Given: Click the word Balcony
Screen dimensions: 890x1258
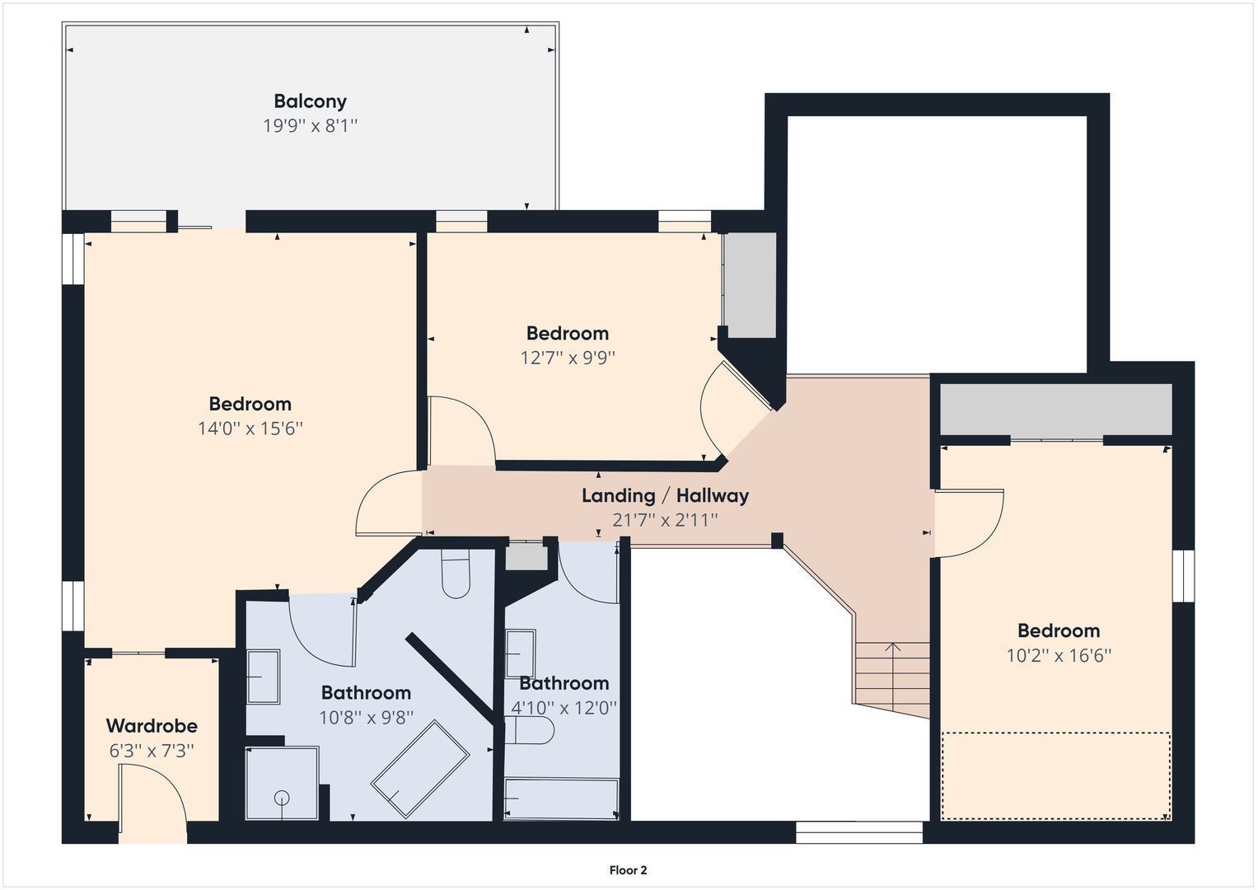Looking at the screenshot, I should tap(310, 101).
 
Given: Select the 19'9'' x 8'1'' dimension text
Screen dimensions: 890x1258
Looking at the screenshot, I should tap(310, 126).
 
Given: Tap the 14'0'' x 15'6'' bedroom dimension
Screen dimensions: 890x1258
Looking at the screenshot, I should tap(250, 429).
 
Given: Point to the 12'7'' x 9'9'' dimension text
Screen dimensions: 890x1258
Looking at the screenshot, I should tap(568, 358).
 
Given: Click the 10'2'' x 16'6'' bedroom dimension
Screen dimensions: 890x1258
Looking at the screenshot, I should tap(1059, 656).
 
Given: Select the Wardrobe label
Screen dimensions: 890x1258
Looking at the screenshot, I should tap(152, 726).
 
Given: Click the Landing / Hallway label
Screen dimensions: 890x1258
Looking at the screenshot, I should tap(665, 495).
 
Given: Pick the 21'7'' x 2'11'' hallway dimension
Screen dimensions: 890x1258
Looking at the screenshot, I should tap(665, 520).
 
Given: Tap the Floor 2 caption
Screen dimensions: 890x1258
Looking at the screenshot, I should tap(628, 870).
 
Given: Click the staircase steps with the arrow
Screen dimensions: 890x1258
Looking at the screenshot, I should tap(893, 672).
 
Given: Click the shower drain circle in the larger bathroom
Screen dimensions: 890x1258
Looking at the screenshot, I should tap(282, 797).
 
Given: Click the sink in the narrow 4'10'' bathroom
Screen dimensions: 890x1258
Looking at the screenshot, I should tap(520, 653).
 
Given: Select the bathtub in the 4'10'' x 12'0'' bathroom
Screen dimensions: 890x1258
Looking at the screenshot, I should tap(562, 799).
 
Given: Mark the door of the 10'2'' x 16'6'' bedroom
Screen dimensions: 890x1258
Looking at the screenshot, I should tap(969, 523).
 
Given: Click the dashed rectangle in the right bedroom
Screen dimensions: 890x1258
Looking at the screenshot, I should tap(1056, 775).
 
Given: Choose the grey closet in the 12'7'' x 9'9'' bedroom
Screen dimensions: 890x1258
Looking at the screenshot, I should tap(750, 284).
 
